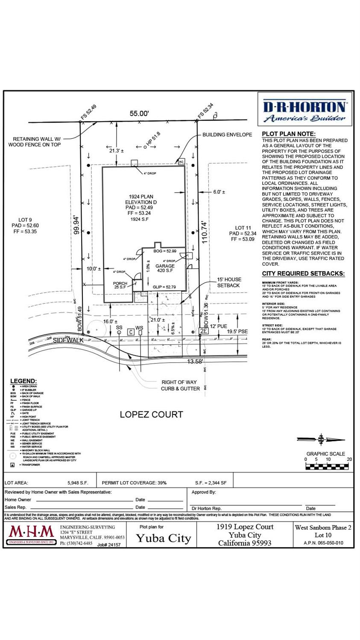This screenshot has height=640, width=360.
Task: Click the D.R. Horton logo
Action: tap(305, 111)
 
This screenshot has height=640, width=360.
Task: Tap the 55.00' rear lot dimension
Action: tap(139, 114)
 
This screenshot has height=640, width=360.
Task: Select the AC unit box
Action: tap(181, 162)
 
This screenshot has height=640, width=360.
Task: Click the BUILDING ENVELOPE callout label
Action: tap(227, 135)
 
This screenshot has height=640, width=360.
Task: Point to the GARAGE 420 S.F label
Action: tap(165, 268)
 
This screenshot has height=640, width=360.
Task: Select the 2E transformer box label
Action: tap(204, 331)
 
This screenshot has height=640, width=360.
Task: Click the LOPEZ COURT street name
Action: tap(151, 414)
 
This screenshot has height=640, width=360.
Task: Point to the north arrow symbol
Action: tap(321, 439)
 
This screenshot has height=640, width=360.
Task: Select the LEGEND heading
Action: tap(23, 381)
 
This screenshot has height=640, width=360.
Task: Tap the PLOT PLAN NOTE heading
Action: tap(289, 134)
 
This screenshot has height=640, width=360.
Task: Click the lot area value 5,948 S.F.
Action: tap(78, 483)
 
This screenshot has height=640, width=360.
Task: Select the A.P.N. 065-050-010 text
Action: tap(323, 543)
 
